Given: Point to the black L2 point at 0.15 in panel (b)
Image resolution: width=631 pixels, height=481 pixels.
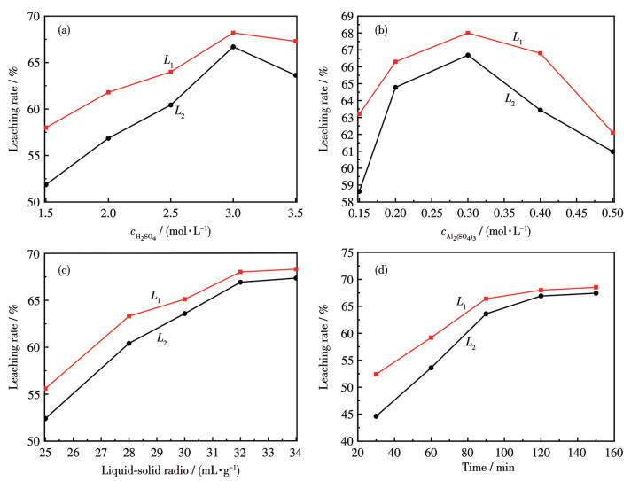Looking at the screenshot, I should tap(359, 191).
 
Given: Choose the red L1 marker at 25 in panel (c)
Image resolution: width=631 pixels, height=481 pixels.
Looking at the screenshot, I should tap(45, 388).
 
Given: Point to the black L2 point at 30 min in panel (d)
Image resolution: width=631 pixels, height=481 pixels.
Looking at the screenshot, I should tap(376, 415).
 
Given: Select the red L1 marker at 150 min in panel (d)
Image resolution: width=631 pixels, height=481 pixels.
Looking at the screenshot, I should tap(596, 287).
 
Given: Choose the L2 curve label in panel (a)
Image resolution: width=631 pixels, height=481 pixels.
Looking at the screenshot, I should tap(179, 112).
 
